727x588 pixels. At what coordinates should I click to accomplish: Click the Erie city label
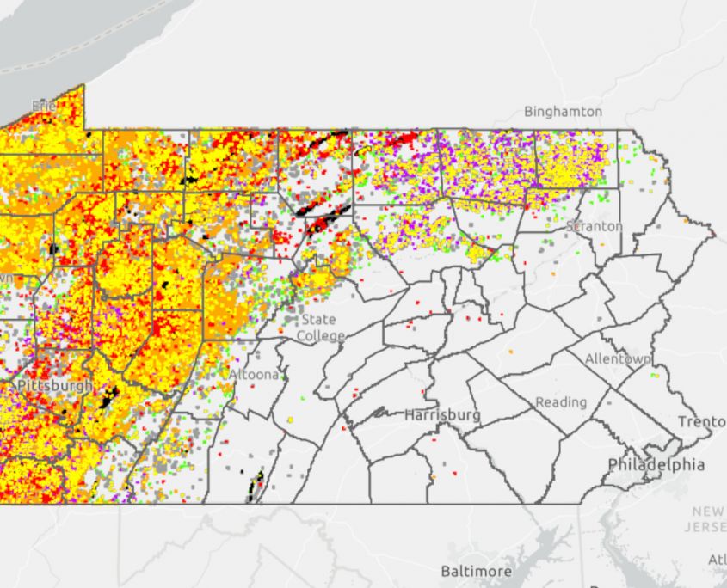43,105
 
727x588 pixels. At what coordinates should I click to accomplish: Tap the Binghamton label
564,112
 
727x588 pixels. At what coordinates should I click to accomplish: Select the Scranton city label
594,226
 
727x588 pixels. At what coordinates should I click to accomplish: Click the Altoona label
254,375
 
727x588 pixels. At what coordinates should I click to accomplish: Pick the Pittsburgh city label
54,386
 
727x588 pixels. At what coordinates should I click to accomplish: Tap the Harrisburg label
442,415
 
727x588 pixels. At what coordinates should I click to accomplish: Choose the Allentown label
617,358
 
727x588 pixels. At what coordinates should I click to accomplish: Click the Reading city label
561,402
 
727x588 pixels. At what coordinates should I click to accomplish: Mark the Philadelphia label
656,464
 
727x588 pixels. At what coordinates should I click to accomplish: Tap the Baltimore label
476,571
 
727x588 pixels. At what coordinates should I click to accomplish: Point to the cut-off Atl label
716,559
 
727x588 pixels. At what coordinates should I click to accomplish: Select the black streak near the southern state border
256,486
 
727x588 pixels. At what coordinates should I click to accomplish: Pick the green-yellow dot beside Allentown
656,375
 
